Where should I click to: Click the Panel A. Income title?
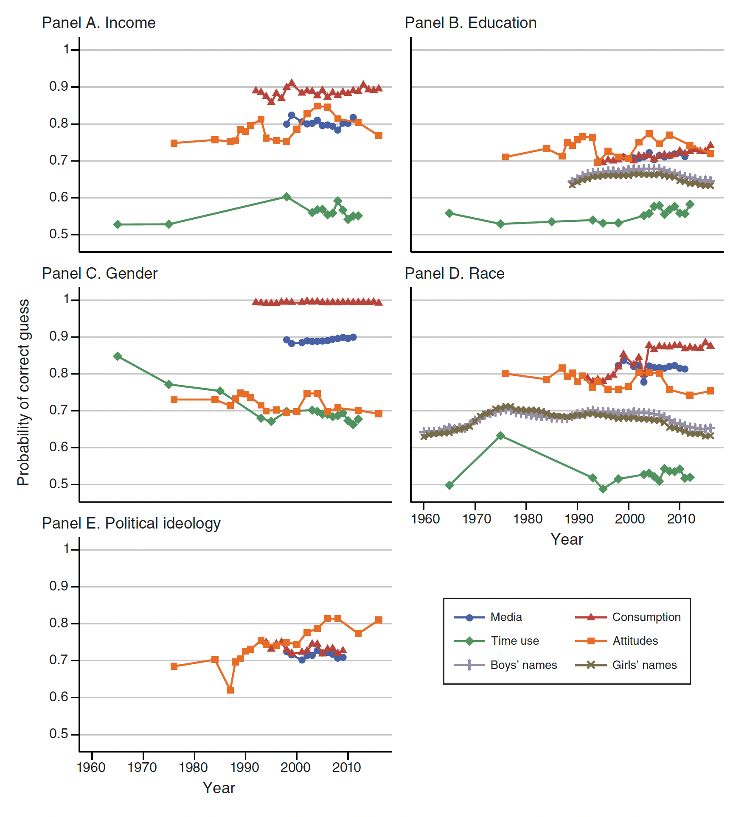coord(98,23)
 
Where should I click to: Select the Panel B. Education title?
coord(470,23)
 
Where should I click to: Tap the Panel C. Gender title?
coord(99,274)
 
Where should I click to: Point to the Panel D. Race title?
coord(454,274)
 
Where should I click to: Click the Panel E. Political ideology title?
coord(131,523)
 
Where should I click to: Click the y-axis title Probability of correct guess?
coord(23,392)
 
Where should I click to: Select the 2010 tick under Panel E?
coord(347,767)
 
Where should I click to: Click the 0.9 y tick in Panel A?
coord(59,87)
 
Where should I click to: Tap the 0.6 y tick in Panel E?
coord(59,697)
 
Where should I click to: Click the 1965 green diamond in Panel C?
coord(118,356)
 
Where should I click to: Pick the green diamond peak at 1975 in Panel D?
coord(500,436)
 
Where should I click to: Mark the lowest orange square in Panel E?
coord(230,690)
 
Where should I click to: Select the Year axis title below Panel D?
coord(567,540)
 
